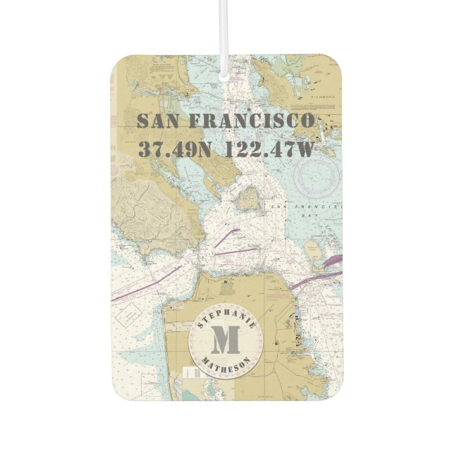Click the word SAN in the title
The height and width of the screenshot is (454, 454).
click(158, 121)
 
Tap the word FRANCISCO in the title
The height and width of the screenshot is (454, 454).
click(252, 121)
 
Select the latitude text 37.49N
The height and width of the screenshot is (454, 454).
click(174, 149)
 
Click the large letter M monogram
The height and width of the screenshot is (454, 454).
click(226, 342)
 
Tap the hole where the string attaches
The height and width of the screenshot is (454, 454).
click(226, 74)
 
